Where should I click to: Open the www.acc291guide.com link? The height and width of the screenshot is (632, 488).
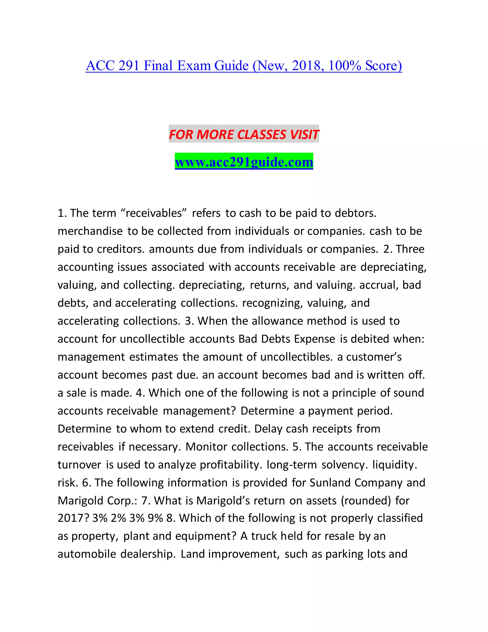pos(244,162)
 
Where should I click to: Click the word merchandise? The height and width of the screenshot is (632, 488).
pos(90,231)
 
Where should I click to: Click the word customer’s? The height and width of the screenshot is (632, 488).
pos(374,357)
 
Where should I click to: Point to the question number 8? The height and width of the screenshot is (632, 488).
pos(169,518)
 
